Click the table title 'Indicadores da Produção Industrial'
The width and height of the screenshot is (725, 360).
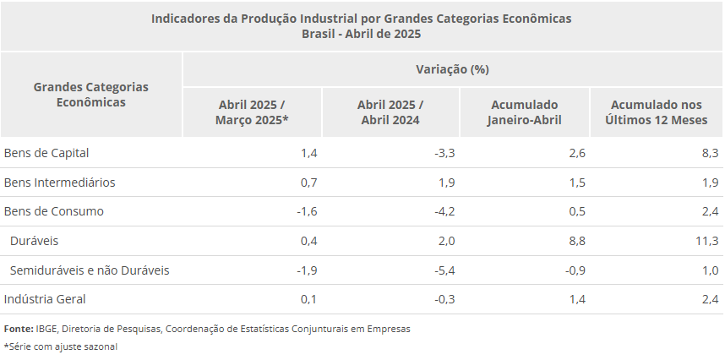tap(361, 18)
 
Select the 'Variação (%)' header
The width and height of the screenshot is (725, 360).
tap(452, 68)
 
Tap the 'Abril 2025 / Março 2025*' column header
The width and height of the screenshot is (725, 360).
tap(252, 112)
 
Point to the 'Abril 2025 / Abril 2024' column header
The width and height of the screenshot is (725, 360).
tap(390, 112)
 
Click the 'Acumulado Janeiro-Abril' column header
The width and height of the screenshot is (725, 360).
tap(524, 112)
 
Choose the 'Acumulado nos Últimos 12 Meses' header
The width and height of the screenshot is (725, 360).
tap(656, 112)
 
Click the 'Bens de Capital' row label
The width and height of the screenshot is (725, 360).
tap(46, 153)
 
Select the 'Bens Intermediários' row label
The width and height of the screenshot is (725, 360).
tap(59, 183)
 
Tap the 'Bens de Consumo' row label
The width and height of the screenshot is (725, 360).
tap(53, 211)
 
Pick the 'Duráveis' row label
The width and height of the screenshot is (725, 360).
tap(34, 241)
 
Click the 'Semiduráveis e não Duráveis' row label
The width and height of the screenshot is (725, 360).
tap(90, 270)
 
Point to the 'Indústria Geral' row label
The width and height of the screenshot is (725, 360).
tap(45, 299)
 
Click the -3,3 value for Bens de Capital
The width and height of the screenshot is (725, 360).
tap(444, 153)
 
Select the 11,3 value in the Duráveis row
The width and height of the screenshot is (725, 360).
tap(707, 241)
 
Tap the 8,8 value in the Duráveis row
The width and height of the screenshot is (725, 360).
tap(576, 241)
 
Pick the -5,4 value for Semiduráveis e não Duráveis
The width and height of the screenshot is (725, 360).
tap(444, 270)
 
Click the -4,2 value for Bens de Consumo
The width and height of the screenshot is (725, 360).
tap(444, 211)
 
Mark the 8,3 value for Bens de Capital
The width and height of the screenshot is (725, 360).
tap(710, 153)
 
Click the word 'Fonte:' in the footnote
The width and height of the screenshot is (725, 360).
tap(19, 329)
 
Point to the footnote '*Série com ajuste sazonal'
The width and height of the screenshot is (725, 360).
tap(60, 346)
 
